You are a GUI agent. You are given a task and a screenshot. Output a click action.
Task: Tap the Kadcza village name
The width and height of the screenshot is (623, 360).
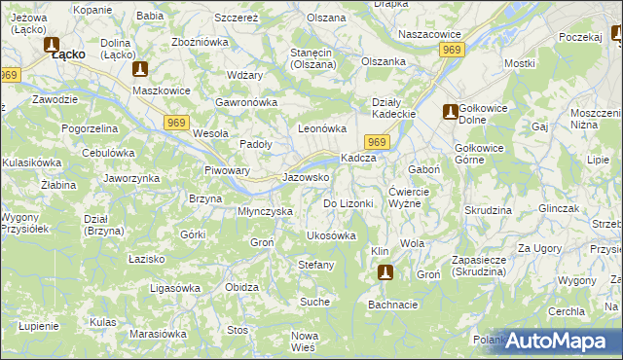357,159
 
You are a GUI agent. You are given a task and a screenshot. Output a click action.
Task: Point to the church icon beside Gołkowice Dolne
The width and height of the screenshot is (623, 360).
450,111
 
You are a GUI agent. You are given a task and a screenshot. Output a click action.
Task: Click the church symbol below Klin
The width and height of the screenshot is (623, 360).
385,273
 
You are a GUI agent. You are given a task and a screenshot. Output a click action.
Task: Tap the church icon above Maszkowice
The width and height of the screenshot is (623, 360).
140,70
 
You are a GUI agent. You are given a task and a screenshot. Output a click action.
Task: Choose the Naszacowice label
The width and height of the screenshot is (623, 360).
429,34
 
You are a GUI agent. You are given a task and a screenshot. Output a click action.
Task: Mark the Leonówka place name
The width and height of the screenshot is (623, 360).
322,128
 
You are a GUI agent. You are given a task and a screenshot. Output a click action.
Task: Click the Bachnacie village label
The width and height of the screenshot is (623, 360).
392,305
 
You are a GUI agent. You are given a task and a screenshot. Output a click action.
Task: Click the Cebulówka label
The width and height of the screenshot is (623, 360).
107,153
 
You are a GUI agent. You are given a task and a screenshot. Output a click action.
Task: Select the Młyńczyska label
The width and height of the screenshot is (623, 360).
266,211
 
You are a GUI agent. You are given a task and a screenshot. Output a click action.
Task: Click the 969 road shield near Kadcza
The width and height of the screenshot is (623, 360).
380,143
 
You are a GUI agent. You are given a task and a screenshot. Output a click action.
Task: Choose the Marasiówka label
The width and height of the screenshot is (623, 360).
158,334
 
